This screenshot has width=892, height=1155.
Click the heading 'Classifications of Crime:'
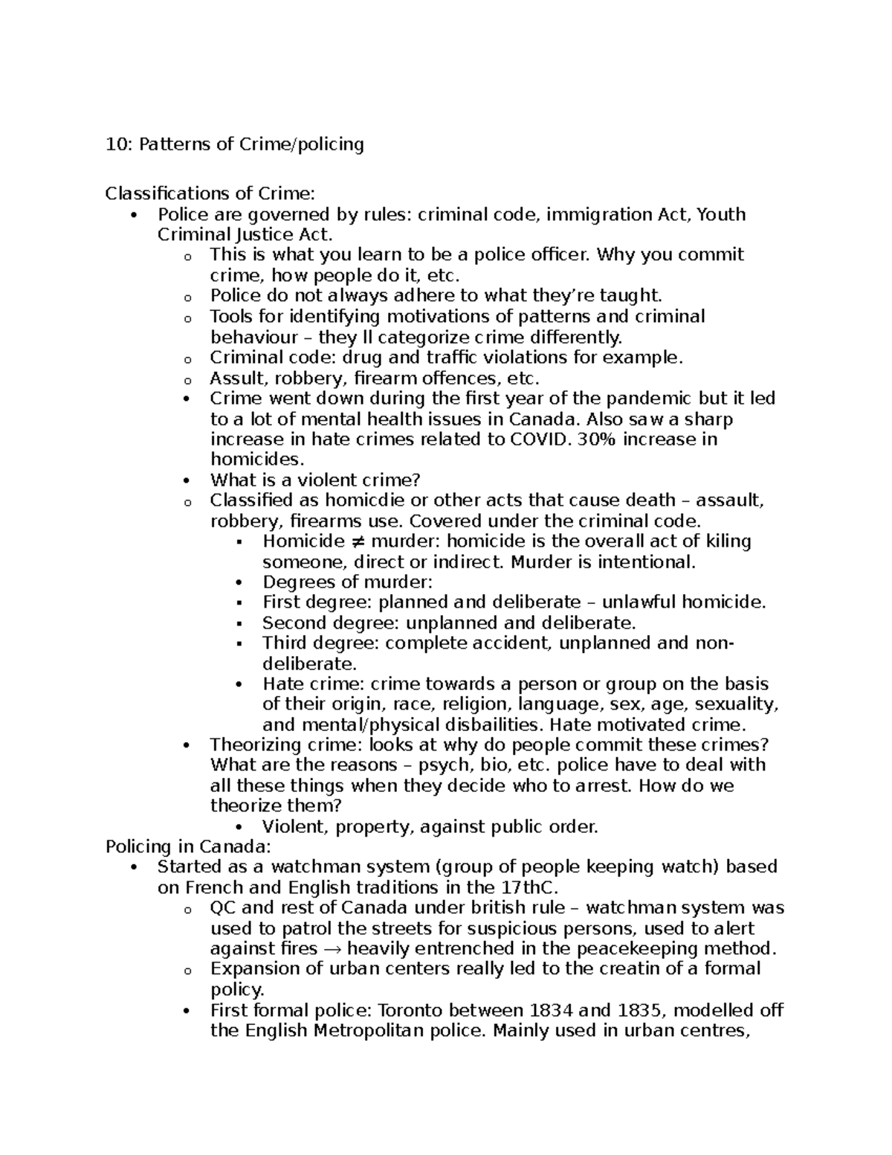(210, 194)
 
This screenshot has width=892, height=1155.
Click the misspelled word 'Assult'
(234, 378)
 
